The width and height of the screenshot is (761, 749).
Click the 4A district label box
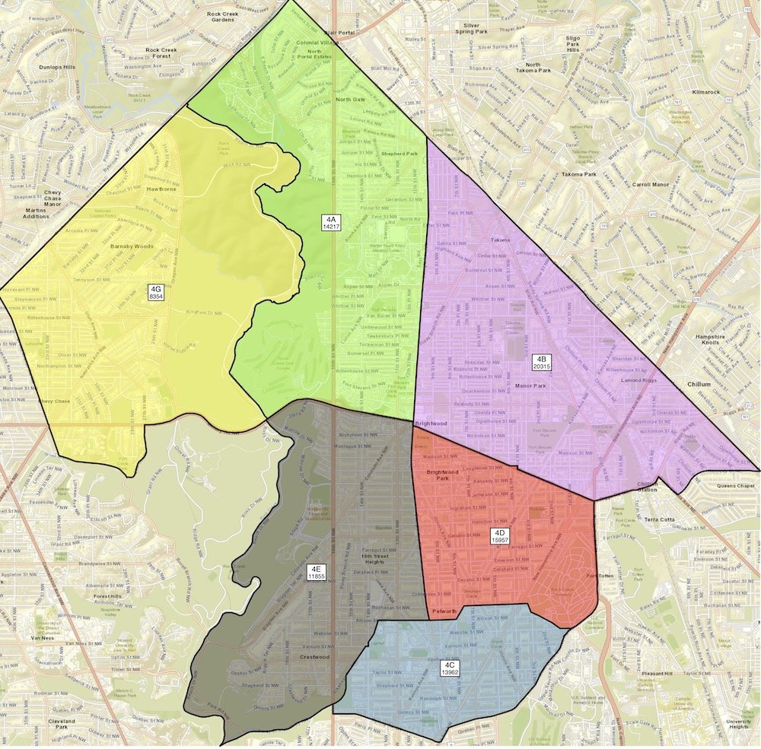[x=331, y=223]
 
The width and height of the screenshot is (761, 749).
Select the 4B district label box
[x=541, y=362]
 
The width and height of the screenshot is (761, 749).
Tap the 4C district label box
[x=450, y=668]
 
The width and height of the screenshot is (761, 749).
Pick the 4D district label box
[x=499, y=535]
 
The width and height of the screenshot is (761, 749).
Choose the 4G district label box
[x=156, y=292]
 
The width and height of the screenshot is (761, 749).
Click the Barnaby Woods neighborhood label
[x=132, y=246]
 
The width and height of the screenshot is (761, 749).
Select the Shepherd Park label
[x=400, y=152]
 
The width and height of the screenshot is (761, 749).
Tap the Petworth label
[x=443, y=611]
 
